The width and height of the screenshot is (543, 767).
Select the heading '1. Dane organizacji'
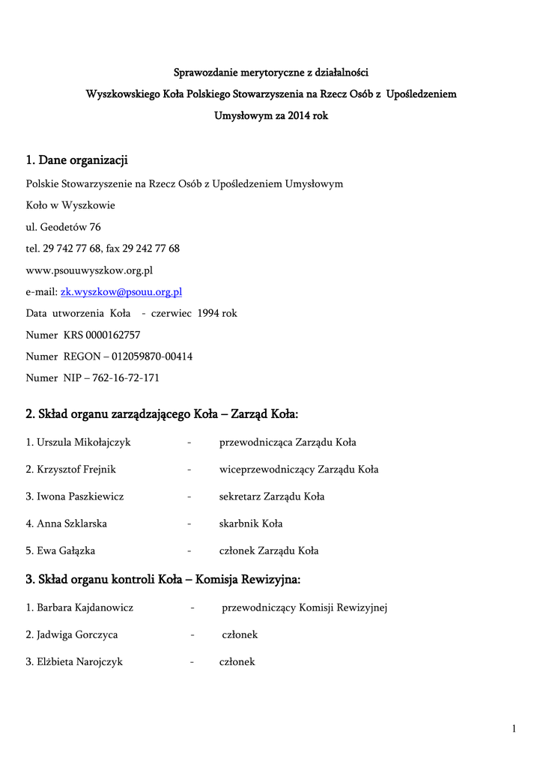(77, 160)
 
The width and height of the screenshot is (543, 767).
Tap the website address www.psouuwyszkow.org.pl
(89, 270)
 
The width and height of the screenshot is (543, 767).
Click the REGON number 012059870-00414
(152, 357)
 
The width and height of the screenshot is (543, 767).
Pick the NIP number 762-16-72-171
(126, 379)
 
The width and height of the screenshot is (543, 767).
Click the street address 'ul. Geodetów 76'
(64, 227)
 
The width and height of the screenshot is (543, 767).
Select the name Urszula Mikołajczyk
(84, 443)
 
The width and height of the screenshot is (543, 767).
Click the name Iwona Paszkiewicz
(80, 497)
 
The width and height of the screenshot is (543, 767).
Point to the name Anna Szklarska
(74, 524)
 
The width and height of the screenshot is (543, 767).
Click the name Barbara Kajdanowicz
(85, 607)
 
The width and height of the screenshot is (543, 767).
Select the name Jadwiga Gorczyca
(77, 635)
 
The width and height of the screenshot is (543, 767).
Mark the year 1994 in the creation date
(210, 314)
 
